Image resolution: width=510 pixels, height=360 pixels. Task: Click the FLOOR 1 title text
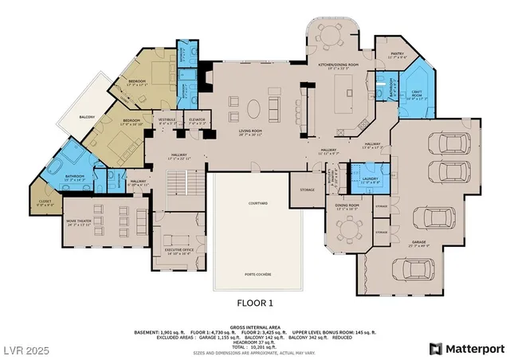[255, 303]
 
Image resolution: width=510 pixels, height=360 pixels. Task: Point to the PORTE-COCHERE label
[257, 274]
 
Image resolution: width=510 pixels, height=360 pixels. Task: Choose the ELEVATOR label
[197, 120]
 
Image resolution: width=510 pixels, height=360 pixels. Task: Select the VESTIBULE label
[167, 120]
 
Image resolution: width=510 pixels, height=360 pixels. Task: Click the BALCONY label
[88, 117]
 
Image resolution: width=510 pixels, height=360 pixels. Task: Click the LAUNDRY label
[370, 180]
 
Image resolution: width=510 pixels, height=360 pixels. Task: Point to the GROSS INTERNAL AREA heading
[255, 327]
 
